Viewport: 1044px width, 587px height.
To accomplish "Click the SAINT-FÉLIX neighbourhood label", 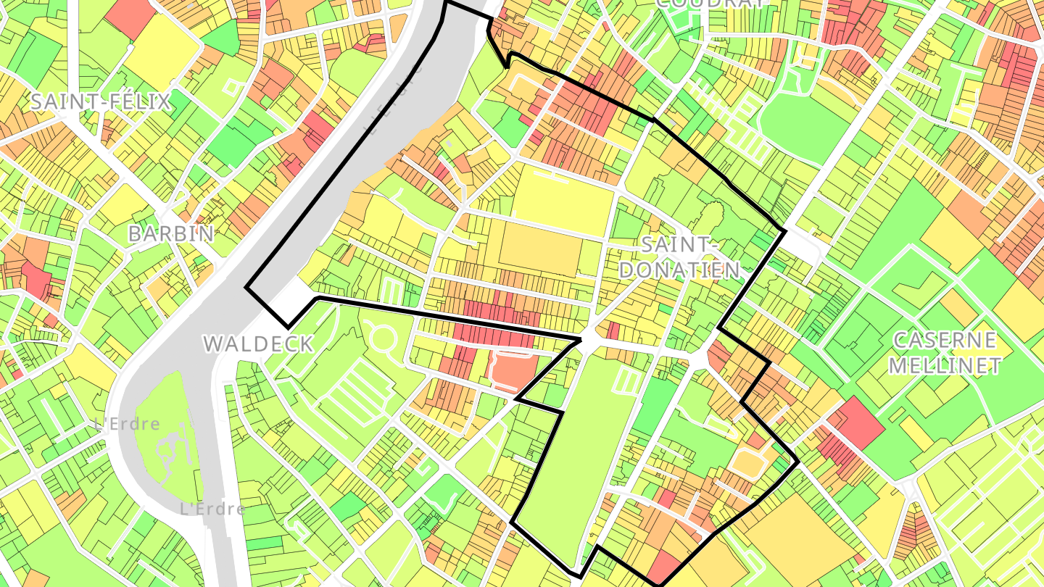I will tap(100, 102).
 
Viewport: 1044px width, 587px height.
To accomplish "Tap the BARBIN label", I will tap(171, 234).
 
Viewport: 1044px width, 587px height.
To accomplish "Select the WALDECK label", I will tap(258, 344).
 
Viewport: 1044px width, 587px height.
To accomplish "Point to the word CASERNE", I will tap(945, 340).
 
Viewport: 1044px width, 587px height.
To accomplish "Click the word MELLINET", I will tap(945, 365).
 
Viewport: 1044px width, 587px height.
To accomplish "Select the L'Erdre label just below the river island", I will tap(212, 509).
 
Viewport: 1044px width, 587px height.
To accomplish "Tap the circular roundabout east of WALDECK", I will tap(381, 338).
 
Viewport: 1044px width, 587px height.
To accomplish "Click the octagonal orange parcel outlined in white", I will tap(747, 461).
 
